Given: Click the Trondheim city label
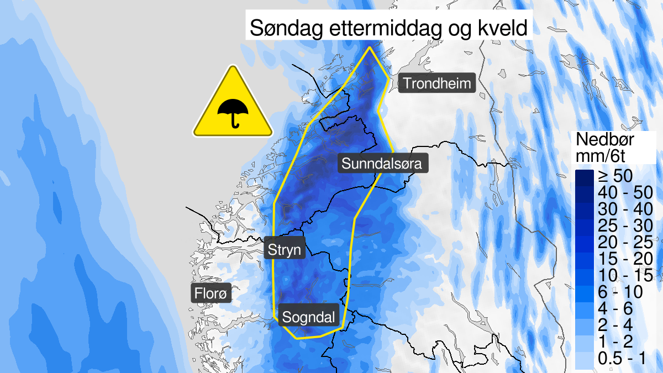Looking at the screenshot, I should [436, 83].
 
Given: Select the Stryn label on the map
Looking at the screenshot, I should [285, 250].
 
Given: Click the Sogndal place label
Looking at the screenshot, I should [308, 317].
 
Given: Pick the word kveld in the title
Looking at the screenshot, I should [504, 28].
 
